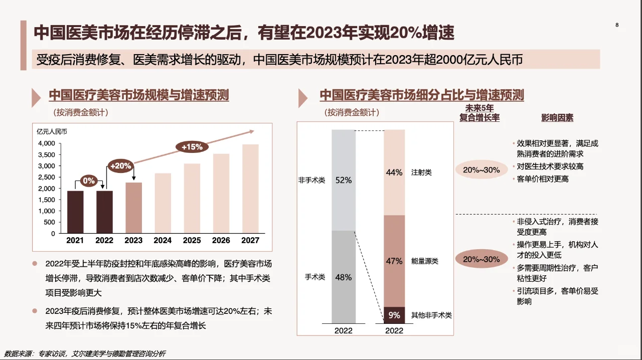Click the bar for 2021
click(x=75, y=212)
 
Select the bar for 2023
click(x=133, y=208)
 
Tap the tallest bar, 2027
click(x=250, y=189)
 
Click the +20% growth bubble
click(x=120, y=165)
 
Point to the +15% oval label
click(x=192, y=147)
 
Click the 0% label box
click(x=89, y=181)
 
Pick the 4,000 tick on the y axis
click(x=46, y=143)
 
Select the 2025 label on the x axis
click(x=192, y=241)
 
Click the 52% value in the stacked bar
click(x=344, y=180)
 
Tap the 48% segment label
click(x=344, y=277)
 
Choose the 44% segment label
click(x=394, y=172)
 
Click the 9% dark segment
click(x=394, y=315)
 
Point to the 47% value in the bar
click(x=394, y=261)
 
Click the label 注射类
click(x=421, y=172)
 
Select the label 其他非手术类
click(x=431, y=315)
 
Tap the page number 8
click(x=617, y=25)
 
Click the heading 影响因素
click(x=557, y=118)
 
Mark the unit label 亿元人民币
click(x=52, y=132)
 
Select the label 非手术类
click(x=311, y=180)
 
